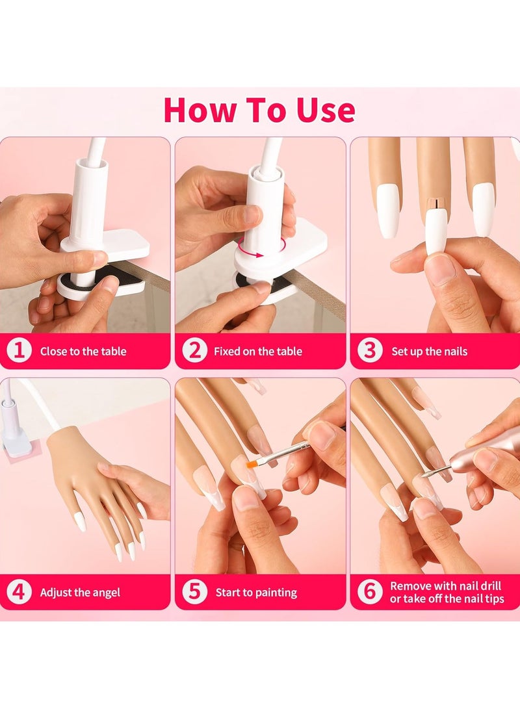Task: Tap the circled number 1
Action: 19,351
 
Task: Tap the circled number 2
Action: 194,351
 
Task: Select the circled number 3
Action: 370,351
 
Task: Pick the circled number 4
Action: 19,592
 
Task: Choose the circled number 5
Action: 194,592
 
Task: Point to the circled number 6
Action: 370,592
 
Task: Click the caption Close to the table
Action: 83,352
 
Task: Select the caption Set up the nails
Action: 429,352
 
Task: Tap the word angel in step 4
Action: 105,593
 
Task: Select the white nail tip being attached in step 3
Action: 436,231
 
